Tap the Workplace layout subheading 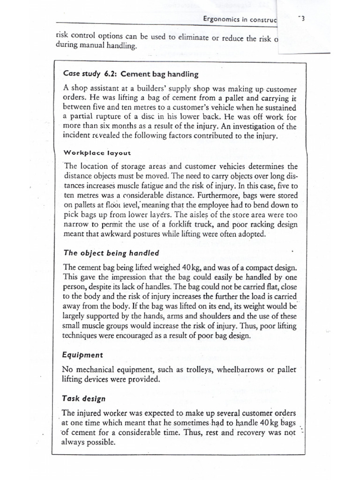(x=97, y=153)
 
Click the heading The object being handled (x=111, y=253)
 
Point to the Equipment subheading (x=82, y=355)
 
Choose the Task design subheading (x=83, y=399)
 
